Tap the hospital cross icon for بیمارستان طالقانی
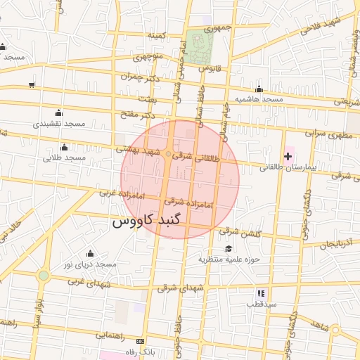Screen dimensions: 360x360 pos(288,155)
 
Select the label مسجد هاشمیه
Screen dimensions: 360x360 pos(258,100)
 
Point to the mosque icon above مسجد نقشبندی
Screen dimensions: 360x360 pos(58,112)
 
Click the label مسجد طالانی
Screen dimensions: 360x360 pos(64,158)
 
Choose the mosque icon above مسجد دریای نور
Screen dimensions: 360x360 pos(89,254)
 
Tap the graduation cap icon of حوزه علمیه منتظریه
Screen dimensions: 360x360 pos(229,249)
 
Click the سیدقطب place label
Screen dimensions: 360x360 pos(261,304)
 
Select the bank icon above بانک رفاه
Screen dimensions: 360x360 pos(148,339)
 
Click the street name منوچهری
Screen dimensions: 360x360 pos(148,56)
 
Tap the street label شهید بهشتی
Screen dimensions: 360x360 pos(139,150)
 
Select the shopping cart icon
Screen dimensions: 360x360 pos(32,84)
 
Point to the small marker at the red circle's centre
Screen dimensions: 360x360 pos(169,154)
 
